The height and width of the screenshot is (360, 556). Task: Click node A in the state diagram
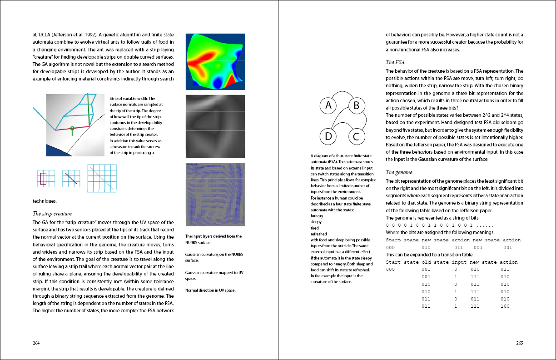coord(328,106)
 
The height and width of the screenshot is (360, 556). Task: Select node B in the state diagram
coord(357,106)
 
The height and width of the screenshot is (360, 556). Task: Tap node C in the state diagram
coord(357,136)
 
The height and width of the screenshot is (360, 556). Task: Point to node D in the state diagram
coord(328,136)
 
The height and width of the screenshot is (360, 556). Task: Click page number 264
coord(36,343)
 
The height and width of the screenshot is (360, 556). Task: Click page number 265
coord(520,343)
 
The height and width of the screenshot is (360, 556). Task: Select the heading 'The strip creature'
coord(52,214)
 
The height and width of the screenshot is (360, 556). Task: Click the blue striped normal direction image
coord(215,195)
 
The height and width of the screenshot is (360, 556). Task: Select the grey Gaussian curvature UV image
coord(215,126)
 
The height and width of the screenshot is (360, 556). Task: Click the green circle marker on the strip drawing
coord(72,129)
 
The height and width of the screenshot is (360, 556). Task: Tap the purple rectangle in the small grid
coord(43,178)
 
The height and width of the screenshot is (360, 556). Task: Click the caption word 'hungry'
coord(318,216)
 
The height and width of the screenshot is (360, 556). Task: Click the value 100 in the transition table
coord(505,306)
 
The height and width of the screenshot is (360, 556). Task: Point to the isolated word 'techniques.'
coord(45,200)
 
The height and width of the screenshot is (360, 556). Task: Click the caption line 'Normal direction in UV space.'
coord(210,290)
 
